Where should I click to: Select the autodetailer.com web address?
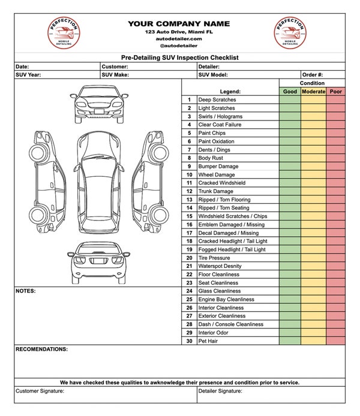tap(179, 38)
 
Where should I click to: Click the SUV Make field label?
tap(116, 75)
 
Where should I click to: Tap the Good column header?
tap(290, 92)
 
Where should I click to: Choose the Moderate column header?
tap(313, 92)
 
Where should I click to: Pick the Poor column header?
tap(335, 92)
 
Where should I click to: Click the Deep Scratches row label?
tap(217, 100)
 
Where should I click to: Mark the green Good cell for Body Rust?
tap(290, 158)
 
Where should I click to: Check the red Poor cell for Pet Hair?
tap(335, 341)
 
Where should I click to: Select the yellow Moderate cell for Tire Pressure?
tap(313, 258)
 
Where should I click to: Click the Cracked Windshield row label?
tap(221, 183)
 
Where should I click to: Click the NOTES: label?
tap(26, 291)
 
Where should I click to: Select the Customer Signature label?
tap(40, 391)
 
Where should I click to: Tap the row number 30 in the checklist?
tap(189, 341)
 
